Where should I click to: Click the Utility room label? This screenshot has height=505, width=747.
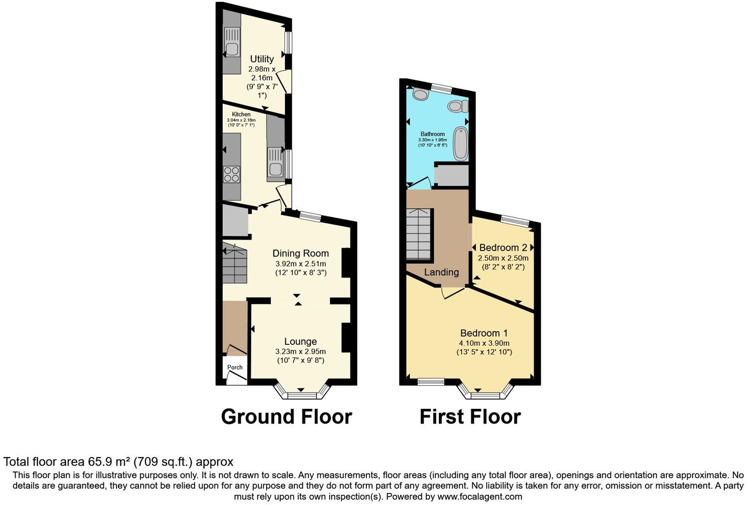point(262,59)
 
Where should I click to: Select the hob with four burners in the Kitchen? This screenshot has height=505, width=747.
point(232,174)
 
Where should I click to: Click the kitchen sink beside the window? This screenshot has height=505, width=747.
point(275,168)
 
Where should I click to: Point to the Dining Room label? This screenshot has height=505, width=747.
point(300,253)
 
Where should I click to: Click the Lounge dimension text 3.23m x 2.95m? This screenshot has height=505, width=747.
point(300,352)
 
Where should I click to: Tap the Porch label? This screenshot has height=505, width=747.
point(235,367)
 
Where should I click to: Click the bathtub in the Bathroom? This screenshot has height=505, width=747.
point(461,143)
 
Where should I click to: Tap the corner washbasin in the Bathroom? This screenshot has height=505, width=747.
point(420,94)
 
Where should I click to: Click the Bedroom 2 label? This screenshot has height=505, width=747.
point(503,248)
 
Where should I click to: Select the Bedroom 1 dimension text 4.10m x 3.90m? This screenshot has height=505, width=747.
point(484,343)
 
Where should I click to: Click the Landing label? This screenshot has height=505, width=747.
point(441,272)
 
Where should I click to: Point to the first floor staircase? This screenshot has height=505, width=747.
point(418,235)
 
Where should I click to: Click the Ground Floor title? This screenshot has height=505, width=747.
point(286,417)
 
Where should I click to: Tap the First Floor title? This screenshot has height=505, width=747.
point(470,417)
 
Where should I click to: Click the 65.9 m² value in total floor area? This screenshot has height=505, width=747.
point(109,462)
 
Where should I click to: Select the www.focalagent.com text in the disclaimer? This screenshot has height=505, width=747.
point(480,497)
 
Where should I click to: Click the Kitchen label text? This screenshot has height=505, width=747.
point(241,115)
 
